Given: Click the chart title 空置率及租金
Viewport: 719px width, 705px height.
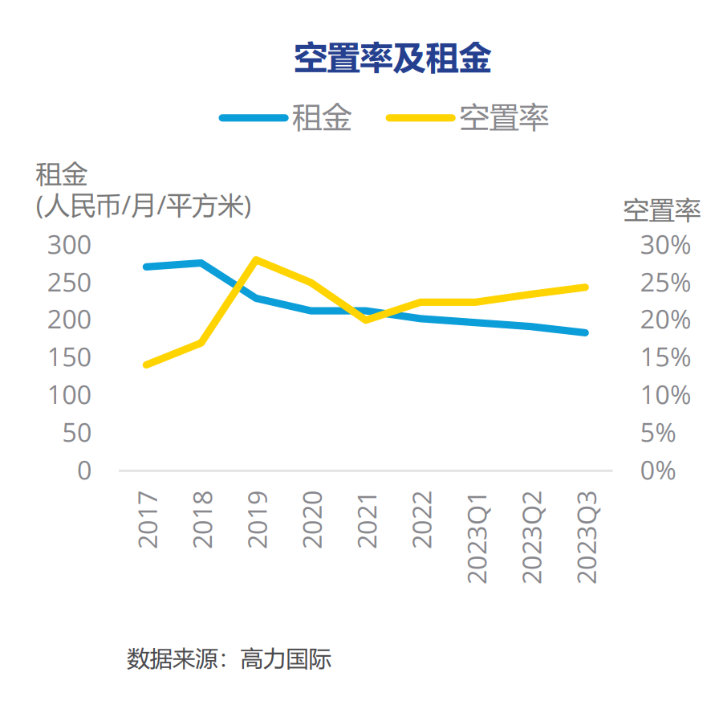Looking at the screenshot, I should coord(392,59).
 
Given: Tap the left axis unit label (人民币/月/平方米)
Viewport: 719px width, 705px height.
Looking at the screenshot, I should coord(144,206).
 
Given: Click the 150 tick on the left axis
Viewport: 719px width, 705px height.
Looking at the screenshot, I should coord(70,358).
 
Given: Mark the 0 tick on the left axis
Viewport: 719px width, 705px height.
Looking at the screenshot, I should coord(84,471).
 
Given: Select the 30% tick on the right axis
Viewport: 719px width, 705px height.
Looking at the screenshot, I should coord(665,246).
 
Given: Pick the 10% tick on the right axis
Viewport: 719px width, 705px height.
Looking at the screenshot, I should coord(665,396).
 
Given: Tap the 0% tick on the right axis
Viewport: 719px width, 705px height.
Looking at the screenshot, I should coord(659,471).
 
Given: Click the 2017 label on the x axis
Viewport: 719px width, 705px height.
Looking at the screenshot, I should coord(148,520).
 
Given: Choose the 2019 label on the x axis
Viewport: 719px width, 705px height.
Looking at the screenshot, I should coord(258,520).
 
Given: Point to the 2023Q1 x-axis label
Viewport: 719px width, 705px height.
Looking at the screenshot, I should coord(478,537).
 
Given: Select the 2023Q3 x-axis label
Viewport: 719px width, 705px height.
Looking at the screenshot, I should coord(588,537).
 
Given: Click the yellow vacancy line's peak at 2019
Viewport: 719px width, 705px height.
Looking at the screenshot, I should coord(255,259).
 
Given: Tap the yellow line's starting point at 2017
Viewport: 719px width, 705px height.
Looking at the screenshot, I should coord(146,365).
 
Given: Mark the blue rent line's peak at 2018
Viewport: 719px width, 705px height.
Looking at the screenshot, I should coord(201,263).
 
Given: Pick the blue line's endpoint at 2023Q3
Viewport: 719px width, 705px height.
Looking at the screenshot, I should coord(586,332).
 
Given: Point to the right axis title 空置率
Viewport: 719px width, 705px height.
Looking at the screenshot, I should coord(662,210).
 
